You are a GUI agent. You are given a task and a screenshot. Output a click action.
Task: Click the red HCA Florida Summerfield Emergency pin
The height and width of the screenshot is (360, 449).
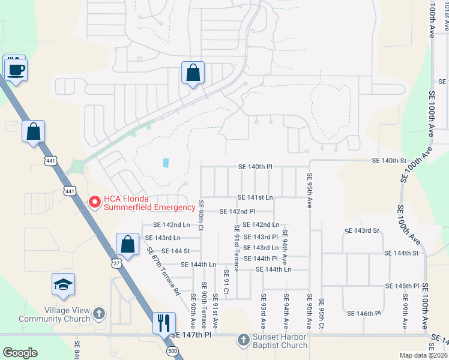(94, 203)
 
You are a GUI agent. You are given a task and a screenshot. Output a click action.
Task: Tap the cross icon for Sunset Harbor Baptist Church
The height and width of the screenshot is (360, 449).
(243, 340)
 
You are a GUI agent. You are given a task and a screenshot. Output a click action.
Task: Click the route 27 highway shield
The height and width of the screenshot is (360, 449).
(116, 263)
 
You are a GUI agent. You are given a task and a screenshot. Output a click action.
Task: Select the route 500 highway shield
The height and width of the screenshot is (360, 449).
(173, 351)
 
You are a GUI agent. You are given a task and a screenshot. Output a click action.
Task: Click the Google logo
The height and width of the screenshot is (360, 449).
(20, 353)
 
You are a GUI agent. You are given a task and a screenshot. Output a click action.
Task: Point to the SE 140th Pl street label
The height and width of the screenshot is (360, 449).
(255, 166)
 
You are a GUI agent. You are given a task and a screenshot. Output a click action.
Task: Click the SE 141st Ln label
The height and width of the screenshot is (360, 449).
(255, 197)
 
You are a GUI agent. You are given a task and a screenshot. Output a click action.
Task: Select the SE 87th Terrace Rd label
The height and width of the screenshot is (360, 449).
(162, 272)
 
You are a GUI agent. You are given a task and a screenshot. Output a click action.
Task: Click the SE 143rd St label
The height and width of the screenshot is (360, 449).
(363, 230)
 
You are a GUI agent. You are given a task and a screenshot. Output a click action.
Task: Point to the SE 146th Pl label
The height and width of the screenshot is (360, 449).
(364, 313)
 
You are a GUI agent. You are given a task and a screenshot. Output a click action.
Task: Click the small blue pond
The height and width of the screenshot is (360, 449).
(165, 163)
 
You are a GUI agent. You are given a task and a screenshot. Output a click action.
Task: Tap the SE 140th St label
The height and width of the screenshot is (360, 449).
(390, 161)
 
